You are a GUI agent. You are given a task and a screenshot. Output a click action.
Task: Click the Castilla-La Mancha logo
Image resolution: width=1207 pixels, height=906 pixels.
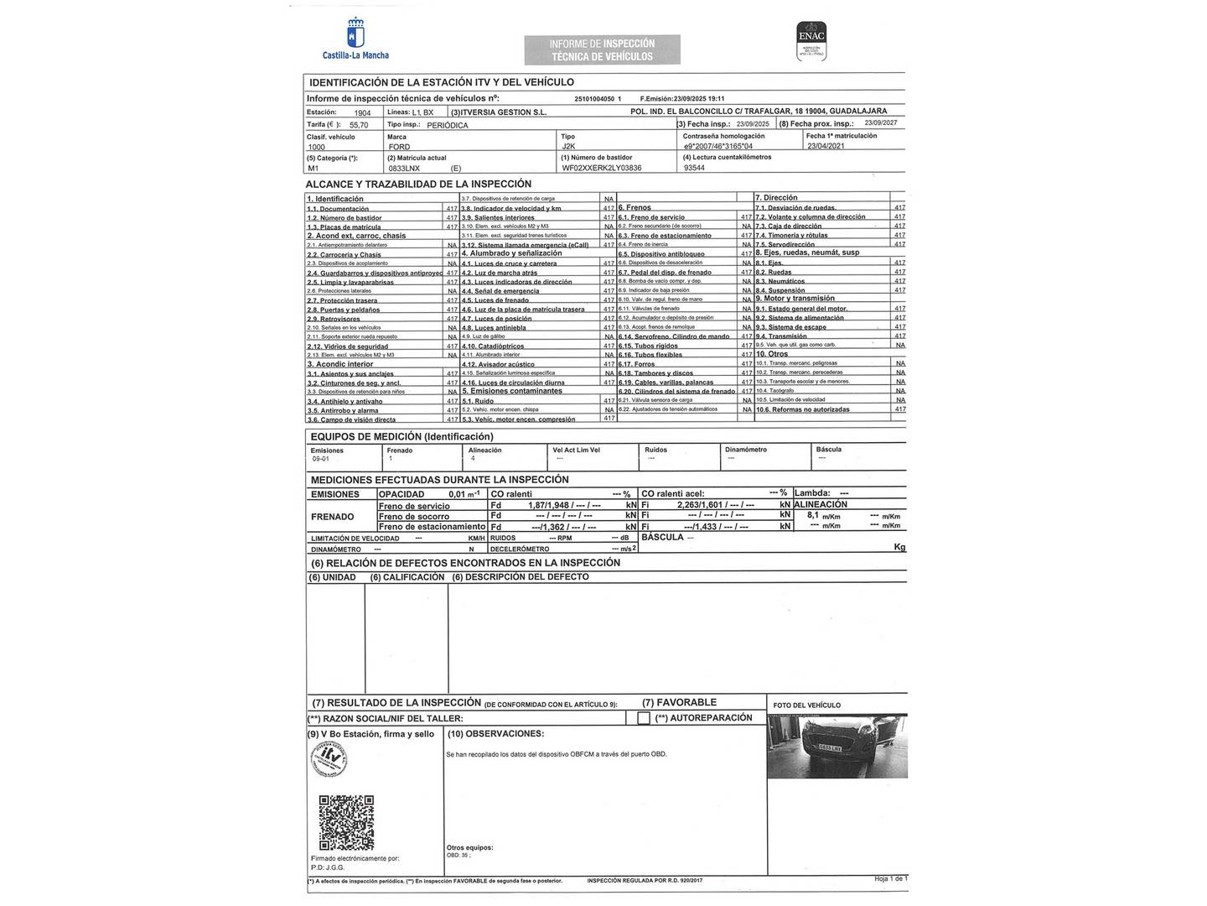355,39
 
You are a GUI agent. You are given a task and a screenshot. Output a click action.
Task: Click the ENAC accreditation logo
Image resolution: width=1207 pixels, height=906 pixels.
811,40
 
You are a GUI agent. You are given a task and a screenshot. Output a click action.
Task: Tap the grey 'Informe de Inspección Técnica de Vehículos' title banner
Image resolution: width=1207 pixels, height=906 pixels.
602,49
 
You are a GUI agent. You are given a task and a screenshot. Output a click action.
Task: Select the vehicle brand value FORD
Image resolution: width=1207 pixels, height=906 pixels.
399,147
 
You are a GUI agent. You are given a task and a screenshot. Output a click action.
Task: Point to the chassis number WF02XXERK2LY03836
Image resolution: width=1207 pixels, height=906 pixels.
601,168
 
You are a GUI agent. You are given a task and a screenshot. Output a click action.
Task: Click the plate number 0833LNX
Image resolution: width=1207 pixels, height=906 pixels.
405,168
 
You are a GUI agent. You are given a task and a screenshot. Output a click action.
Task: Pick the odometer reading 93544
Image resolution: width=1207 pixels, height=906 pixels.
694,168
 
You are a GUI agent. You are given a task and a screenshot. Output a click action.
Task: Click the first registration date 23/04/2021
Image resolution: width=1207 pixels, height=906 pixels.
826,146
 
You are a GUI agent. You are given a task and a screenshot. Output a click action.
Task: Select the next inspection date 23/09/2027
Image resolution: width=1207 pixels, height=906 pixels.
880,123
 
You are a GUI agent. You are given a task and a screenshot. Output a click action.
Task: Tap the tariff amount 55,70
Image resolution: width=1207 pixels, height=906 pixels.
359,125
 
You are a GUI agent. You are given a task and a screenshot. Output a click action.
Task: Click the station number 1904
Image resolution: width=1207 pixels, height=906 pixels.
362,112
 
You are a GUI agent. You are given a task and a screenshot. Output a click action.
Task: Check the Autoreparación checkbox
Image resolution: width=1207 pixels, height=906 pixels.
644,718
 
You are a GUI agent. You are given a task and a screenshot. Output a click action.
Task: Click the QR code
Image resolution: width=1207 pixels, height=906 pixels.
346,823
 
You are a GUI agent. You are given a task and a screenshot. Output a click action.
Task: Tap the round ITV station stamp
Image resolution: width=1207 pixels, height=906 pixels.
329,760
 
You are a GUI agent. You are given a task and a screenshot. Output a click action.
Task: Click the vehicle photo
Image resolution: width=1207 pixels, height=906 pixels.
837,748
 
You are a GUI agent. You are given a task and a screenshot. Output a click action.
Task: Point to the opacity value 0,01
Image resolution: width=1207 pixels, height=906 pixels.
457,494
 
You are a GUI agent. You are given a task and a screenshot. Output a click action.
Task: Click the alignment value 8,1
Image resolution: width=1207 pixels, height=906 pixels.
812,515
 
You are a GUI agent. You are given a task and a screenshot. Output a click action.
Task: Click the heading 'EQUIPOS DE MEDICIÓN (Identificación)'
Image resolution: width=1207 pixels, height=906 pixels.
401,436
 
